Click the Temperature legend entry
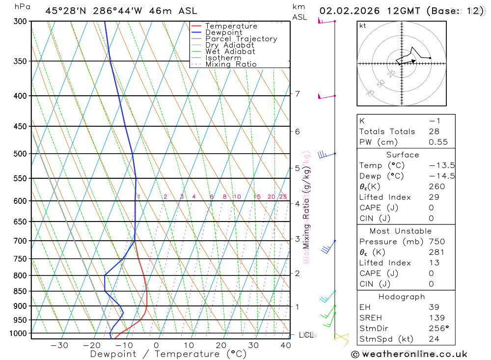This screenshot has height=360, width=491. coord(231,27)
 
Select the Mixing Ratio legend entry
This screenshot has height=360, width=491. coord(231,64)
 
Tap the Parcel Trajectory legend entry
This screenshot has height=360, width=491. coord(241,39)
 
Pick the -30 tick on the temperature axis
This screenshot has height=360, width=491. coord(59,345)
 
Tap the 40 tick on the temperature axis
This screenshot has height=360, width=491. coord(285,345)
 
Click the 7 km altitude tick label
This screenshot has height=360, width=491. coord(297,94)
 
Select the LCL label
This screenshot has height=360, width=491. coord(306,335)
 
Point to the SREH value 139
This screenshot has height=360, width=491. coord(436,318)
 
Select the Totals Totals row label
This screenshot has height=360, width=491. coord(387,132)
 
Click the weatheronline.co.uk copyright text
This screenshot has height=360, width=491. coord(409,354)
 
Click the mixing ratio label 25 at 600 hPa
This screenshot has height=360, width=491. coord(283,197)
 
